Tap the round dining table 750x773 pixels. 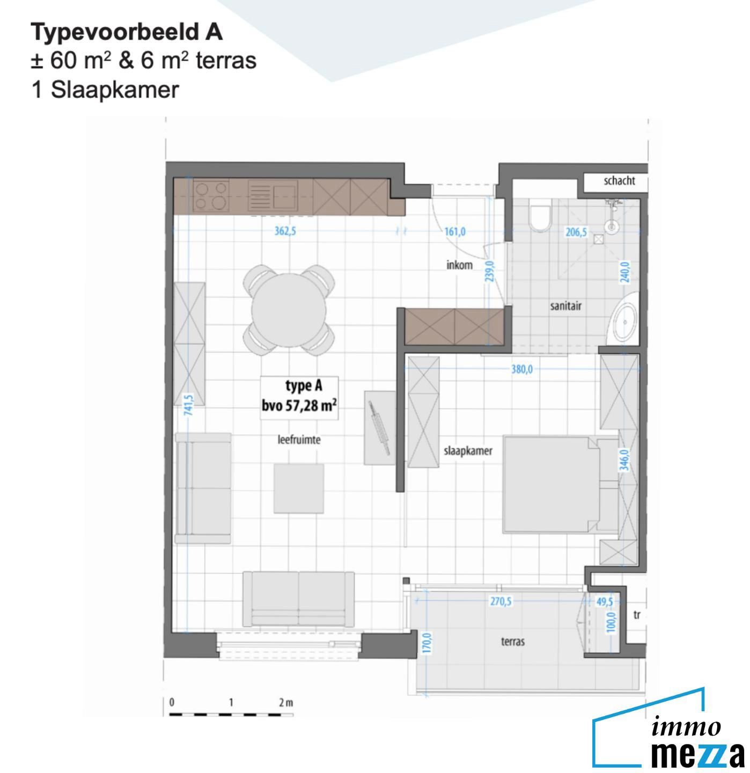coord(289,310)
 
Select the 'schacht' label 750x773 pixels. coord(619,181)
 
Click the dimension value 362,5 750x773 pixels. coord(285,231)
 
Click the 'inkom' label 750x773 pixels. coord(459,265)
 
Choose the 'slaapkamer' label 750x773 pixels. coord(468,451)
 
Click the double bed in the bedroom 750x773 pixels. coord(551,485)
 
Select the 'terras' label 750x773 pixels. coord(512,641)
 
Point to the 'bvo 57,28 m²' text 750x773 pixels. coord(299,406)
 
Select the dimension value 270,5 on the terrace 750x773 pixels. coord(501,602)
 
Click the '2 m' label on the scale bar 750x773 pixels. coord(286,703)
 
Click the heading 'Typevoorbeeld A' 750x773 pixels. coord(127,32)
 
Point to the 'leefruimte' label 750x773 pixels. coord(299,440)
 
